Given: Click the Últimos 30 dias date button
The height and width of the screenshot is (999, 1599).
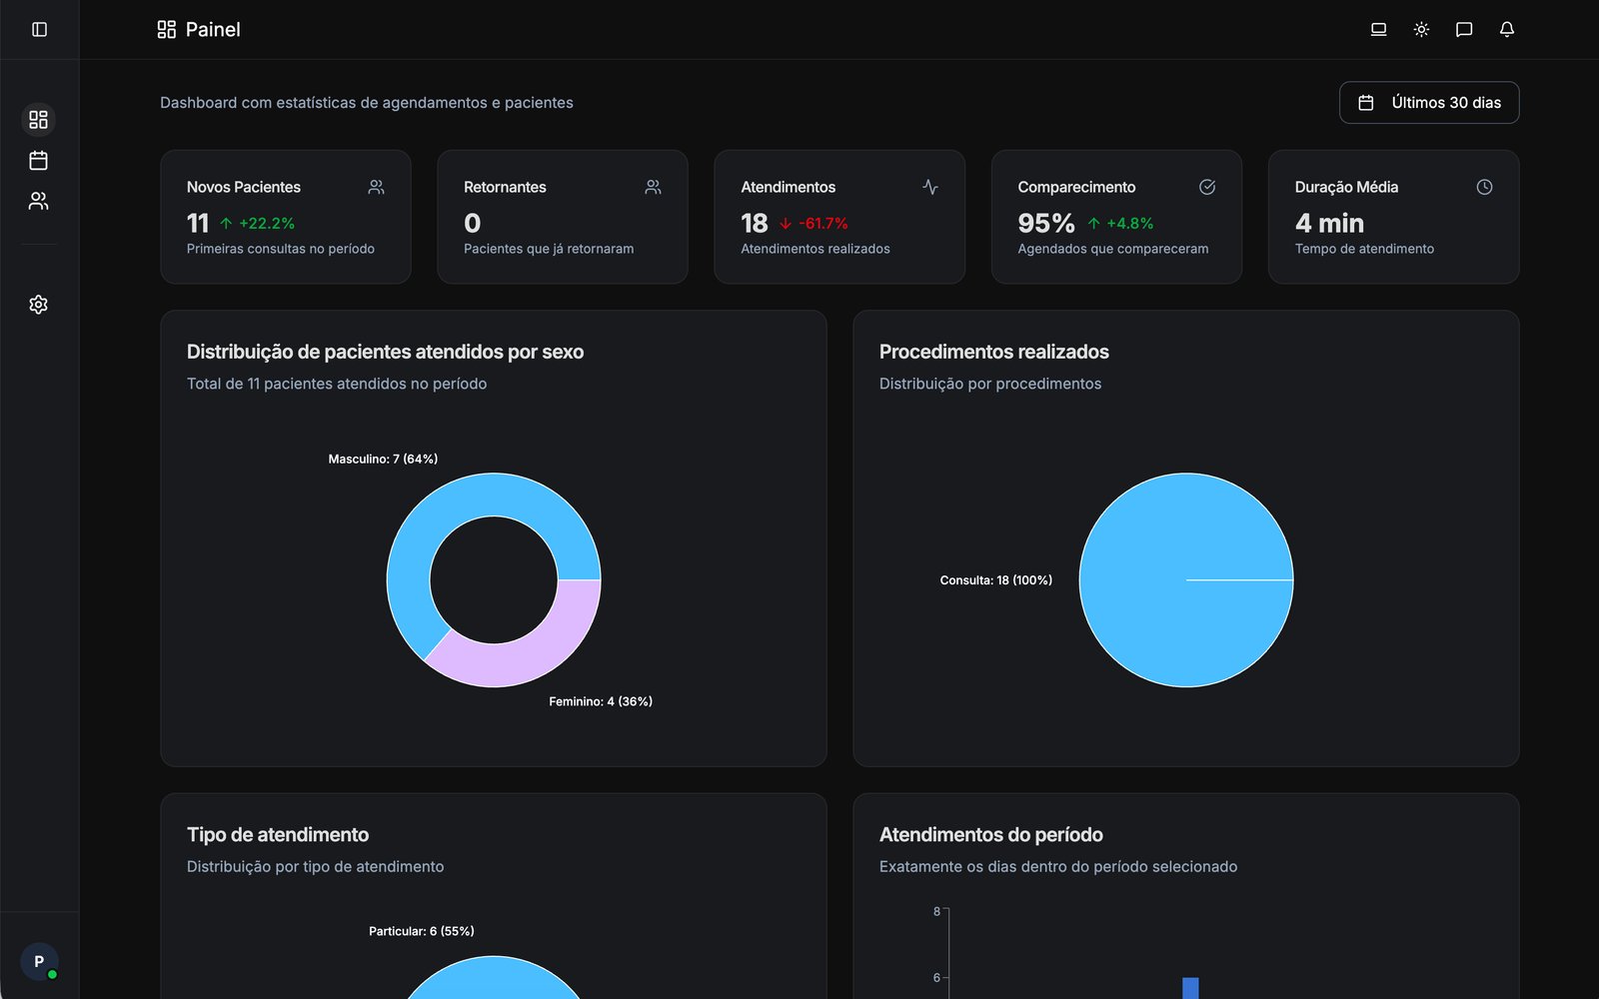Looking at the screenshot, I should click(x=1429, y=103).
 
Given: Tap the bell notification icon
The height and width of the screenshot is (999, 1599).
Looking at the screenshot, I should click(x=1506, y=29).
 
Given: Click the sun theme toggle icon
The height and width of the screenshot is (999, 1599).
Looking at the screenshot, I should click(x=1421, y=29).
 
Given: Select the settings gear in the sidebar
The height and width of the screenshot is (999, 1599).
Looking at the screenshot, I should click(x=38, y=305).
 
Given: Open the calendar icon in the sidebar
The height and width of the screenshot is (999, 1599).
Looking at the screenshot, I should click(x=38, y=160).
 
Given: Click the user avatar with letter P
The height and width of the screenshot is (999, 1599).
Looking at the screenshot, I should click(x=39, y=961).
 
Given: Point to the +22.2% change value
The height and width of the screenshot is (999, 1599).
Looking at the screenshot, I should click(x=266, y=224).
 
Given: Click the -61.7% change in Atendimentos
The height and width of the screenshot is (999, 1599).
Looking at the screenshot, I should click(x=822, y=224).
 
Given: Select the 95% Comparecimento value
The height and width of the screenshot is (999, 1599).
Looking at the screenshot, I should click(x=1045, y=223).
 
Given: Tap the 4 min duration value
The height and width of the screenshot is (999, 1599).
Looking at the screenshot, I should click(x=1329, y=223).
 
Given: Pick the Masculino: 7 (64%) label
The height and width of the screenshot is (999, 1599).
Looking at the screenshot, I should click(x=383, y=459).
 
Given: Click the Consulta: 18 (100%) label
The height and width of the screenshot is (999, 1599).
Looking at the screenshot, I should click(x=995, y=580).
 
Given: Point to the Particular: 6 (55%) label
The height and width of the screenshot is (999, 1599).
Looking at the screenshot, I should click(x=421, y=931).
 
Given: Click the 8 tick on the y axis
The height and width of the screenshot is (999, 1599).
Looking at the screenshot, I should click(x=936, y=911).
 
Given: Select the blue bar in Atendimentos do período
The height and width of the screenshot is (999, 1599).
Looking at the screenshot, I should click(x=1190, y=988).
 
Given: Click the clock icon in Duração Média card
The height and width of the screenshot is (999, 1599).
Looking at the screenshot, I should click(x=1484, y=187).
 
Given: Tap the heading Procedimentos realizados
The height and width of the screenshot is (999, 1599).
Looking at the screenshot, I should click(x=993, y=352).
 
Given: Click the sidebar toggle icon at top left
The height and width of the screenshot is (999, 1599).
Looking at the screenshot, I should click(x=39, y=29).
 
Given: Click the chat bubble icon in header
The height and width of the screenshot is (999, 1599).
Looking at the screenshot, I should click(x=1463, y=29).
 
